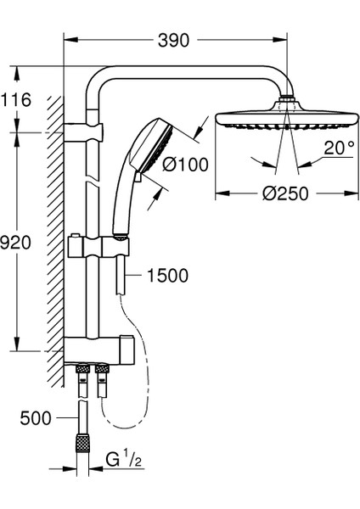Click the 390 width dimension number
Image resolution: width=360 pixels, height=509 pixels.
173,40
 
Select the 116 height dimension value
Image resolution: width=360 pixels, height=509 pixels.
15,99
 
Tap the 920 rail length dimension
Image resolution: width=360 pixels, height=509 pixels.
15,242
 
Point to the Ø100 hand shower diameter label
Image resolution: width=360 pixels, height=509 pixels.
185,165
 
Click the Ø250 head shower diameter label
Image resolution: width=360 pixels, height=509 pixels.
285,193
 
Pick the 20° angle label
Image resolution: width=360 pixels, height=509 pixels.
339,148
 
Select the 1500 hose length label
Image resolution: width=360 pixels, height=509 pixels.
167,276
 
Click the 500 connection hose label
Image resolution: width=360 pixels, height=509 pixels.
36,418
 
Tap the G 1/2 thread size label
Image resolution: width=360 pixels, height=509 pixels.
124,460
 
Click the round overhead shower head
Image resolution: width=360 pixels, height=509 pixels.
288,117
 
